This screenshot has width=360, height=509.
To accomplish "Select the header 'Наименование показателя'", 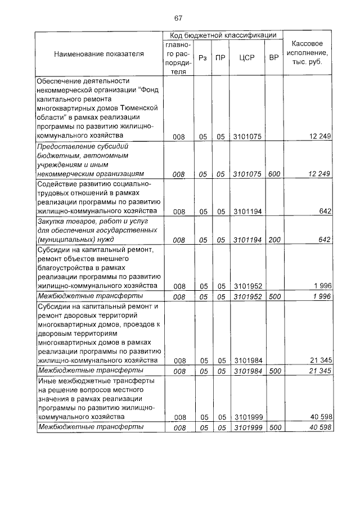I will click(98, 54).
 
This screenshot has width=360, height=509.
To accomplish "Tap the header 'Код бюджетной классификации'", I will click(223, 35).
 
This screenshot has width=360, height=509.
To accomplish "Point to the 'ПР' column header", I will click(221, 58).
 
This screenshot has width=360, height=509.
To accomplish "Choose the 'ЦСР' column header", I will click(247, 58).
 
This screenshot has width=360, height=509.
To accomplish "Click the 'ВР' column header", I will click(274, 58).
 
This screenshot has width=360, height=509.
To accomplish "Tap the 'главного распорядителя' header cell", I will click(178, 58).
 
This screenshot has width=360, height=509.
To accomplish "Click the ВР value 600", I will click(274, 174).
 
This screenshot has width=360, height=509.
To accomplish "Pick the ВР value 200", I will click(274, 240).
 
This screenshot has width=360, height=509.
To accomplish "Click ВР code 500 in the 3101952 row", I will click(274, 296).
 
